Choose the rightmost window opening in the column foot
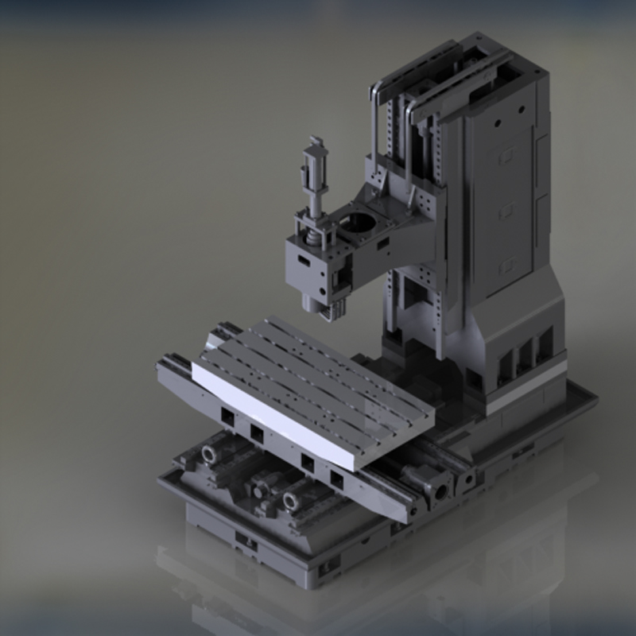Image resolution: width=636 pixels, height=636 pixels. tap(545, 343)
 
